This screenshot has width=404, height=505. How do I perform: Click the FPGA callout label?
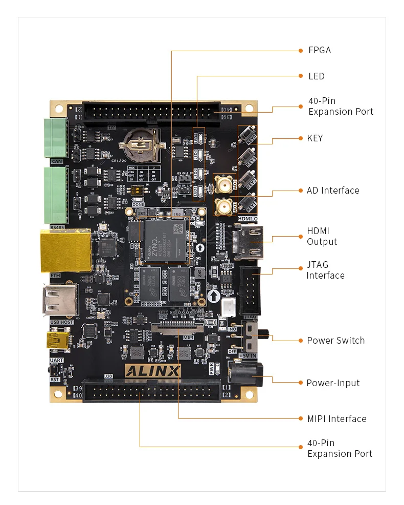319,50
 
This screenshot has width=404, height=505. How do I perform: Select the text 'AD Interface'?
333,191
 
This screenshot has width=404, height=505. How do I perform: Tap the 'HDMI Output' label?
322,237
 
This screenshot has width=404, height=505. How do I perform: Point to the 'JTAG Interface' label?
325,270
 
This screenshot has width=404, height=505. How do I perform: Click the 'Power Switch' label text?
335,341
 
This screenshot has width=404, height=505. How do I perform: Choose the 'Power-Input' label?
333,383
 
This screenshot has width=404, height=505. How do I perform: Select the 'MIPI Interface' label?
336,419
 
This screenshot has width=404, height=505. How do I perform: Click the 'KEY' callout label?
315,138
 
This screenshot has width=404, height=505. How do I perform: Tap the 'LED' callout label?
316,76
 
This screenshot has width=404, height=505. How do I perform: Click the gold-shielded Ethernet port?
65,250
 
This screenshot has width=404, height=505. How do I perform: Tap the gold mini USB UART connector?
59,340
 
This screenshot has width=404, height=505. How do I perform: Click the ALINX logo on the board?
153,371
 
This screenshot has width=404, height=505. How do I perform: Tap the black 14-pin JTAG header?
251,290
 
